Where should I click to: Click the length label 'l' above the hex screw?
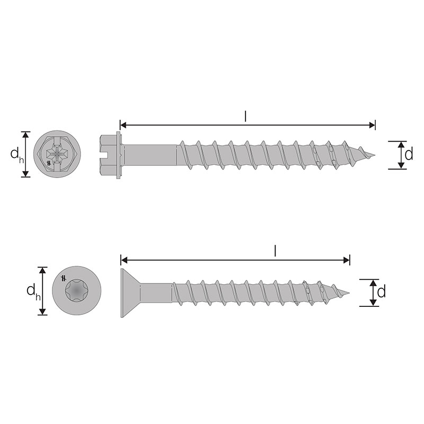click(x=245, y=116)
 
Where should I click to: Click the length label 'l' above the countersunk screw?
click(x=275, y=251)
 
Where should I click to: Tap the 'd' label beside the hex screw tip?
click(x=409, y=154)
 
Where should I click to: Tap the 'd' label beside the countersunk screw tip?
click(x=381, y=292)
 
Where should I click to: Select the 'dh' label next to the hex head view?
click(x=17, y=155)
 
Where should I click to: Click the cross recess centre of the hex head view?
click(x=57, y=154)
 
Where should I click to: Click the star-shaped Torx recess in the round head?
click(x=77, y=291)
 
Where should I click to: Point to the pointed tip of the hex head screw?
click(x=375, y=155)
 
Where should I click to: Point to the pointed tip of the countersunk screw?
click(x=349, y=293)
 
